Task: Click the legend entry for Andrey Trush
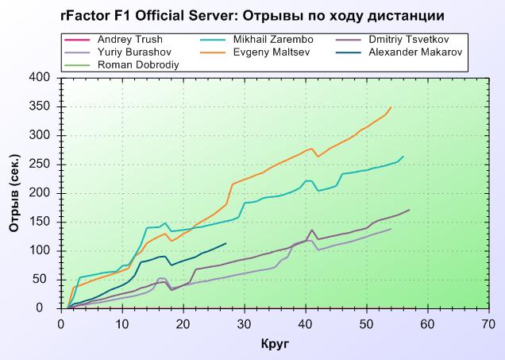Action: [x=129, y=40]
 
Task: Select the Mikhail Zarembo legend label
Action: [x=273, y=40]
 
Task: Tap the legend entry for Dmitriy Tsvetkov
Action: [x=409, y=40]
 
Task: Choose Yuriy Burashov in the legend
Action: [x=134, y=52]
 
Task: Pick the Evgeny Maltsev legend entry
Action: [x=272, y=52]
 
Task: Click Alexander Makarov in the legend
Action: [x=415, y=52]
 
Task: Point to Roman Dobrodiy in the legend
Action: [x=138, y=65]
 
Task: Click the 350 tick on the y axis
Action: [x=40, y=106]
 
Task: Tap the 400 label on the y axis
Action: [x=40, y=78]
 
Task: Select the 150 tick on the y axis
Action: [x=40, y=222]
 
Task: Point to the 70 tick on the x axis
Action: [x=489, y=324]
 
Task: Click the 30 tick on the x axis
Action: [x=245, y=324]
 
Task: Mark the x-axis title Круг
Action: [x=275, y=343]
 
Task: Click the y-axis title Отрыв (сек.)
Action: [x=14, y=193]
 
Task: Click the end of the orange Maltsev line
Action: [x=391, y=107]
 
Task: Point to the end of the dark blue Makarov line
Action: [x=226, y=243]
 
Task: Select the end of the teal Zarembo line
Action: [x=403, y=157]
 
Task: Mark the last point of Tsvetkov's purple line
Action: [x=410, y=210]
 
